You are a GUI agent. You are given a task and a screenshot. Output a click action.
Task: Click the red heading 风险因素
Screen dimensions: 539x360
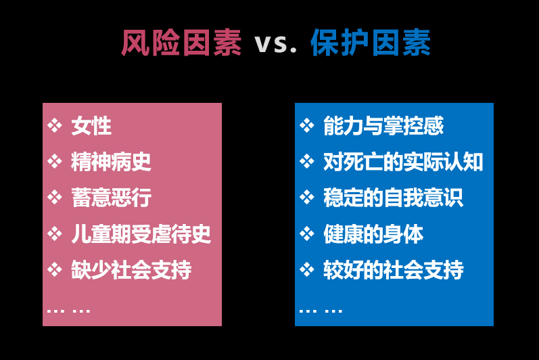point(181,43)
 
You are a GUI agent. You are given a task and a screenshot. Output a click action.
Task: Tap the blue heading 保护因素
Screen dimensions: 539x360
point(371,43)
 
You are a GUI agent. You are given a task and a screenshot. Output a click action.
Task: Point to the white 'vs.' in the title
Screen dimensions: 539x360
point(275,45)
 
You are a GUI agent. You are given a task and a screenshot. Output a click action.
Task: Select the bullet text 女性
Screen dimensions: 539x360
point(91,126)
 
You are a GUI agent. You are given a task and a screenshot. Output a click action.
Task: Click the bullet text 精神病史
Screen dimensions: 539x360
point(111,162)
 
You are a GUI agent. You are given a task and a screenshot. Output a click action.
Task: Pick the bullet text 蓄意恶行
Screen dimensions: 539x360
point(111,198)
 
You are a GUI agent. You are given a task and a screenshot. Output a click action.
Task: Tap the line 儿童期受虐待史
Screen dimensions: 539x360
point(141,234)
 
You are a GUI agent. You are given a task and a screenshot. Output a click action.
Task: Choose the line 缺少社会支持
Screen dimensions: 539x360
point(131,269)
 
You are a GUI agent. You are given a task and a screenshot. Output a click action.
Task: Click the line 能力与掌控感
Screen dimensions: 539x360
point(383,126)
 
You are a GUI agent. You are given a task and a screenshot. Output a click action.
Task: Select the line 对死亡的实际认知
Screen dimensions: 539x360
point(403,162)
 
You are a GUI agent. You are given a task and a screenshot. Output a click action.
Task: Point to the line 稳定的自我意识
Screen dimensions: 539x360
point(393,198)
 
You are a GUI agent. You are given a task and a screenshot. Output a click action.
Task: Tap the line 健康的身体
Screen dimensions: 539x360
point(373,234)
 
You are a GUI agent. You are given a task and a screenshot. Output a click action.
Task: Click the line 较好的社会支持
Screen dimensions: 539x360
point(393,269)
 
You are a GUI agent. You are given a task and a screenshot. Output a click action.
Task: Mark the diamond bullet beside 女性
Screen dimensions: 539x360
point(55,125)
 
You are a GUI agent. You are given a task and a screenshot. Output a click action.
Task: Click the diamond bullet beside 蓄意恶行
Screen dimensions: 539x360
point(55,198)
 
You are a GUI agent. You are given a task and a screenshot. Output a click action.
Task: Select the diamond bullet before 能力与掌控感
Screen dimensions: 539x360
point(307,125)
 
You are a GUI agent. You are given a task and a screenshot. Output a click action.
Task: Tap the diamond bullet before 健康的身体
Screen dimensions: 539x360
point(307,234)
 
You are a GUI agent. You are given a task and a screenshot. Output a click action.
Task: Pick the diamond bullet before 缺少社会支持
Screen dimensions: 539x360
point(55,269)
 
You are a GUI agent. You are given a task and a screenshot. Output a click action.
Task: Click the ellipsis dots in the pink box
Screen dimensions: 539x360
point(68,311)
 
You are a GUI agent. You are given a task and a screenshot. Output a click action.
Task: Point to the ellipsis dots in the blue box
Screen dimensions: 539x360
point(321,311)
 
